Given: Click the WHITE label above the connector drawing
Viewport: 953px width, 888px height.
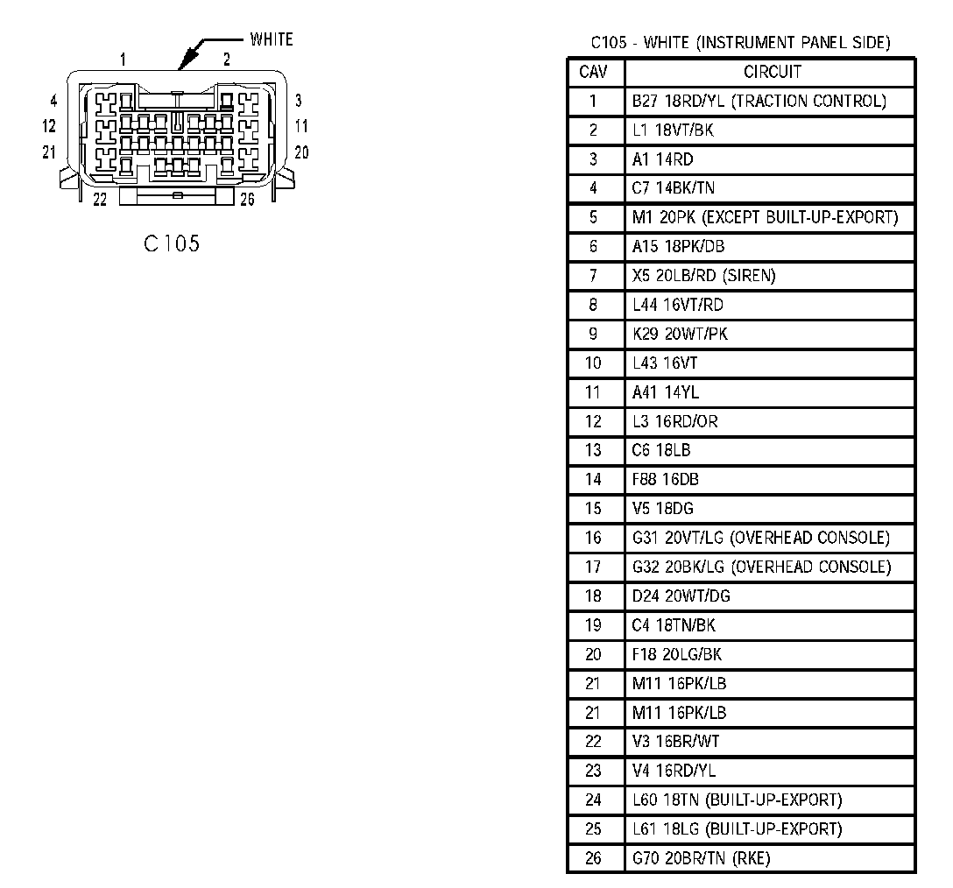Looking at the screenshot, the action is coord(272,39).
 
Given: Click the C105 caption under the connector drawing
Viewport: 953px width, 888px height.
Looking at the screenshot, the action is coord(172,243).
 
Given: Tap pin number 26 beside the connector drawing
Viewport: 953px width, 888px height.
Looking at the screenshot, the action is coord(247,200).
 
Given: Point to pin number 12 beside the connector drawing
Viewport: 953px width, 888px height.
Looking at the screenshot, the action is coord(49,126).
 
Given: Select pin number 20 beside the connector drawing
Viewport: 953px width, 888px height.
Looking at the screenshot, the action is coord(301,152).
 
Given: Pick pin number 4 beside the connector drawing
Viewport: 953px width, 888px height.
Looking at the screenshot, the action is coord(53,101).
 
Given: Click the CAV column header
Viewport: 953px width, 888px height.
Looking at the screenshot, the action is coord(593,72).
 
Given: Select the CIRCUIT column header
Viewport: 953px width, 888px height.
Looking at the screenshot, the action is coord(772,72).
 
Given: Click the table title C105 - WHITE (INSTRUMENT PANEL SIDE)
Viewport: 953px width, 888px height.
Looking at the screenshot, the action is coord(740,42).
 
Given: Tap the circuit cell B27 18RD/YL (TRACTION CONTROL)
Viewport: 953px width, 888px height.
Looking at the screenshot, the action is coord(759,101).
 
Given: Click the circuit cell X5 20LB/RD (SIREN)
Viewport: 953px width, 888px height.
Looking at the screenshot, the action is coord(704,276).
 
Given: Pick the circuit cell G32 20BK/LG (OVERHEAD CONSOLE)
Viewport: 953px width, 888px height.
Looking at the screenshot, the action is coord(761,567).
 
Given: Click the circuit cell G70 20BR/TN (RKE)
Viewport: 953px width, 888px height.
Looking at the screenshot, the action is coord(701,858).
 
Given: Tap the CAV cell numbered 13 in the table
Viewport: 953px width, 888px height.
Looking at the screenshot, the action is coord(593,450).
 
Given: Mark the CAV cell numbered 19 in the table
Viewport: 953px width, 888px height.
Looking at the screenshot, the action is coord(593,625).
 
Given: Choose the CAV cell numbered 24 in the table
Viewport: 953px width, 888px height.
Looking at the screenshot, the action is coord(593,800).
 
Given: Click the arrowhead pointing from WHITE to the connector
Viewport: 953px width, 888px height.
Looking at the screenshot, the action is coord(181,64).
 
